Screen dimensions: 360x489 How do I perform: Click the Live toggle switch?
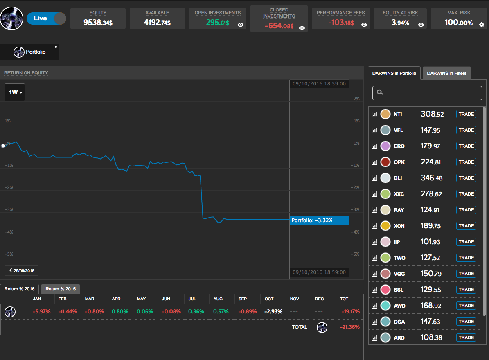coord(46,18)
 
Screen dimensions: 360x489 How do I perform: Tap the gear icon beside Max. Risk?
coord(481,24)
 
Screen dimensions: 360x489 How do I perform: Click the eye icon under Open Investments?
coord(241,25)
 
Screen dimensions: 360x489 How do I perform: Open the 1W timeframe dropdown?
coord(15,92)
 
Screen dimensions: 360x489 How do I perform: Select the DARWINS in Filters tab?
coord(446,73)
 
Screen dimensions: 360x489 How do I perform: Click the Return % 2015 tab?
coord(61,289)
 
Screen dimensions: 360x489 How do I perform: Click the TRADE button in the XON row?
coord(466,226)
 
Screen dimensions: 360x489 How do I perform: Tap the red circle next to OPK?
coord(385,162)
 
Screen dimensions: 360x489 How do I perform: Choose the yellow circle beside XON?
coord(385,226)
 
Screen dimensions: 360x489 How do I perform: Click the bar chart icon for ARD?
coord(374,338)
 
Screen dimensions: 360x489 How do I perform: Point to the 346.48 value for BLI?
coord(432,178)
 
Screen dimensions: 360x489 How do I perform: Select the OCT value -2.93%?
coord(273,311)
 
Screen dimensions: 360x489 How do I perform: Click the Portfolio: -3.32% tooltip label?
coord(319,220)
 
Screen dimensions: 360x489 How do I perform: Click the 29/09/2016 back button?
coord(22,270)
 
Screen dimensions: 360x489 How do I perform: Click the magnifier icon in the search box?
coord(380,92)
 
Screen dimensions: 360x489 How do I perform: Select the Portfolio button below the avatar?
coord(29,52)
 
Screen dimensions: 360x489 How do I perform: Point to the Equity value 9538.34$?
coord(98,23)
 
